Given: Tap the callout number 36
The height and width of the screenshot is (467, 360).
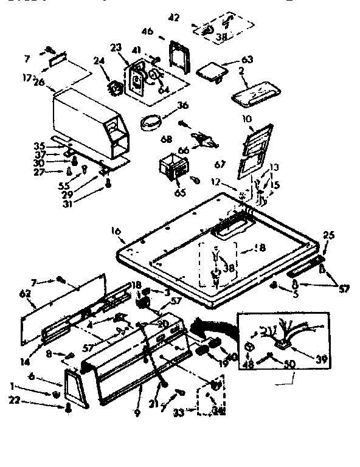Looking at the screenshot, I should click(182, 105).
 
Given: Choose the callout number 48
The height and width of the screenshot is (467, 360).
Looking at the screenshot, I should click(247, 365).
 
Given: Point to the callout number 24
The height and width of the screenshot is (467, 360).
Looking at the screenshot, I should click(99, 60).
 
